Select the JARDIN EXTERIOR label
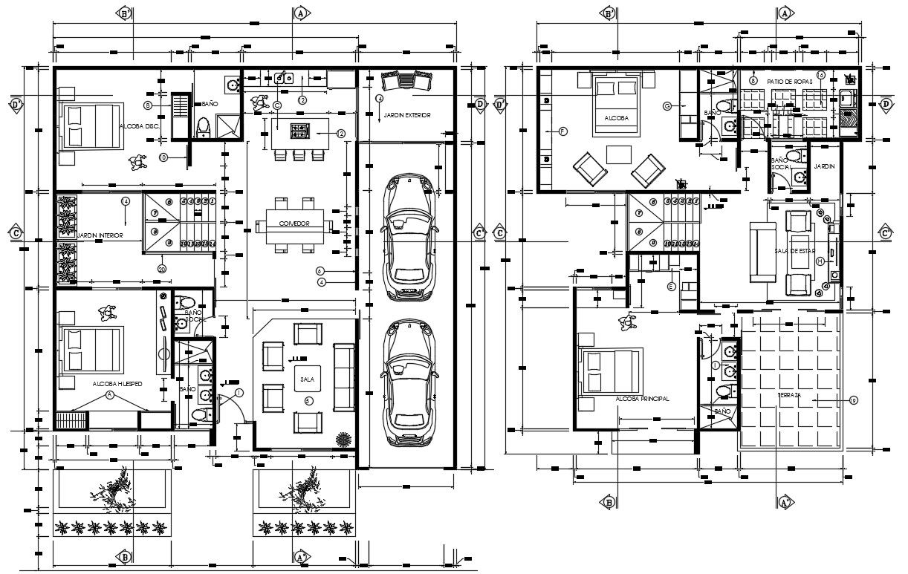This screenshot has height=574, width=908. tap(406, 116)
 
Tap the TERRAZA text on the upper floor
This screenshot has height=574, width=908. tap(789, 395)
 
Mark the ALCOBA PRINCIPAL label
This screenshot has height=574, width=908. tap(642, 399)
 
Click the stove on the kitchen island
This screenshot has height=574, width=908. tap(300, 131)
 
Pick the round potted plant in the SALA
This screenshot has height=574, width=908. tap(343, 438)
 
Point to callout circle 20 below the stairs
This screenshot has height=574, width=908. tap(162, 268)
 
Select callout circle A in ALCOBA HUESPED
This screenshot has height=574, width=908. tap(110, 396)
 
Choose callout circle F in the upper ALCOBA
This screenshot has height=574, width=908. tap(562, 131)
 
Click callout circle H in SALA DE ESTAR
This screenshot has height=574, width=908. tap(820, 261)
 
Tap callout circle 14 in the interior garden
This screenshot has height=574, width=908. tap(125, 201)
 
